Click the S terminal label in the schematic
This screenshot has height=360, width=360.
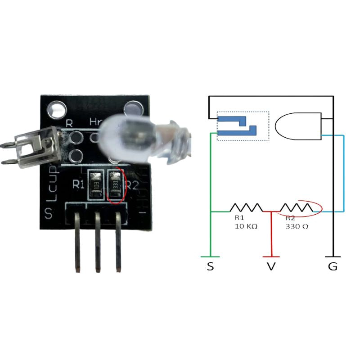210,266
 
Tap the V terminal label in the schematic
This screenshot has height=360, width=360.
271,266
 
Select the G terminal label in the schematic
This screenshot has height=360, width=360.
332,266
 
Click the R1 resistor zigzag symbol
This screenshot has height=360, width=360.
246,207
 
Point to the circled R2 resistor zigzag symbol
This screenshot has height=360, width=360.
296,207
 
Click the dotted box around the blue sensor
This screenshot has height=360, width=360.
243,126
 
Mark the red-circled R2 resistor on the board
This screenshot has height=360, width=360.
116,185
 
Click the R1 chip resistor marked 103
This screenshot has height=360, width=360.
95,185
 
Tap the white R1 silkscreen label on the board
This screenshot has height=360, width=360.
79,184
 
